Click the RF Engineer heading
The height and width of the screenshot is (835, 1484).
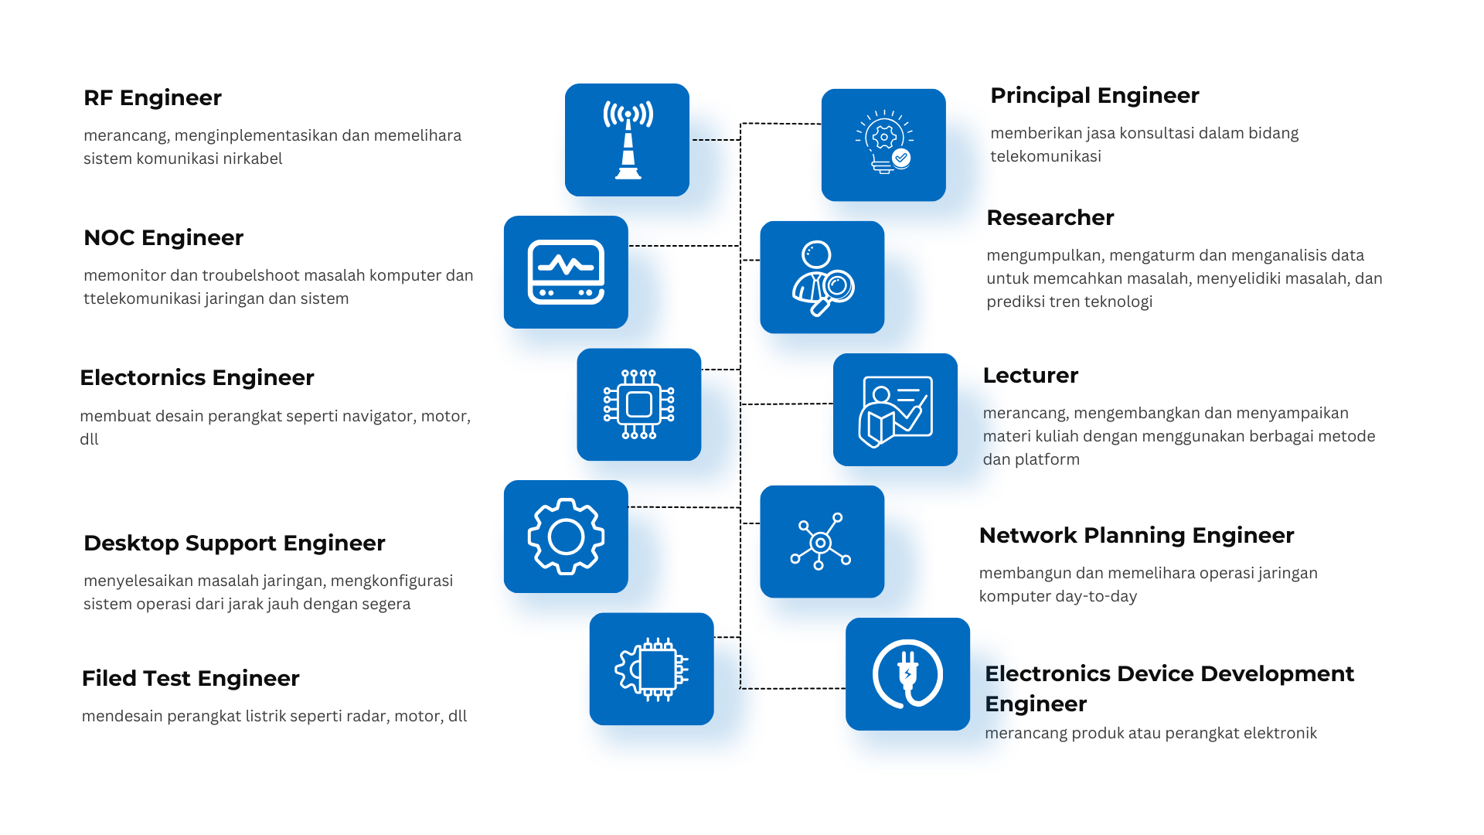152,98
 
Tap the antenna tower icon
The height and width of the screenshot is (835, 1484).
628,140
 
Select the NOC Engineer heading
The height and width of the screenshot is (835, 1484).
163,238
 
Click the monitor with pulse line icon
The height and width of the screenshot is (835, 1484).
566,272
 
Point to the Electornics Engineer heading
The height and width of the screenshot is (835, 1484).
197,378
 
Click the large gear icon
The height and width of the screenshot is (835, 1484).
566,537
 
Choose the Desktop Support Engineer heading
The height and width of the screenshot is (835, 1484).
234,544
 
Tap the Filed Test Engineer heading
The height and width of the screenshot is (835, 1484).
190,679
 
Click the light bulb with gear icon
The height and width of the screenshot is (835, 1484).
884,141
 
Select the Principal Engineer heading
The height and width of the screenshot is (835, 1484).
1094,96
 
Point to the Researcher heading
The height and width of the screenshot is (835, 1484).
1050,218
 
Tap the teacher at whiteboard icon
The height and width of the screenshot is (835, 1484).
896,411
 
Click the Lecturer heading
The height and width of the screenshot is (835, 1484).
1030,376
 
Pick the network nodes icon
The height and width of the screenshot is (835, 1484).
821,542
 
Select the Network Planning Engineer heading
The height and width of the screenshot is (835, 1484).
1136,536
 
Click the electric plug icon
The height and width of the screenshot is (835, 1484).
907,674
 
